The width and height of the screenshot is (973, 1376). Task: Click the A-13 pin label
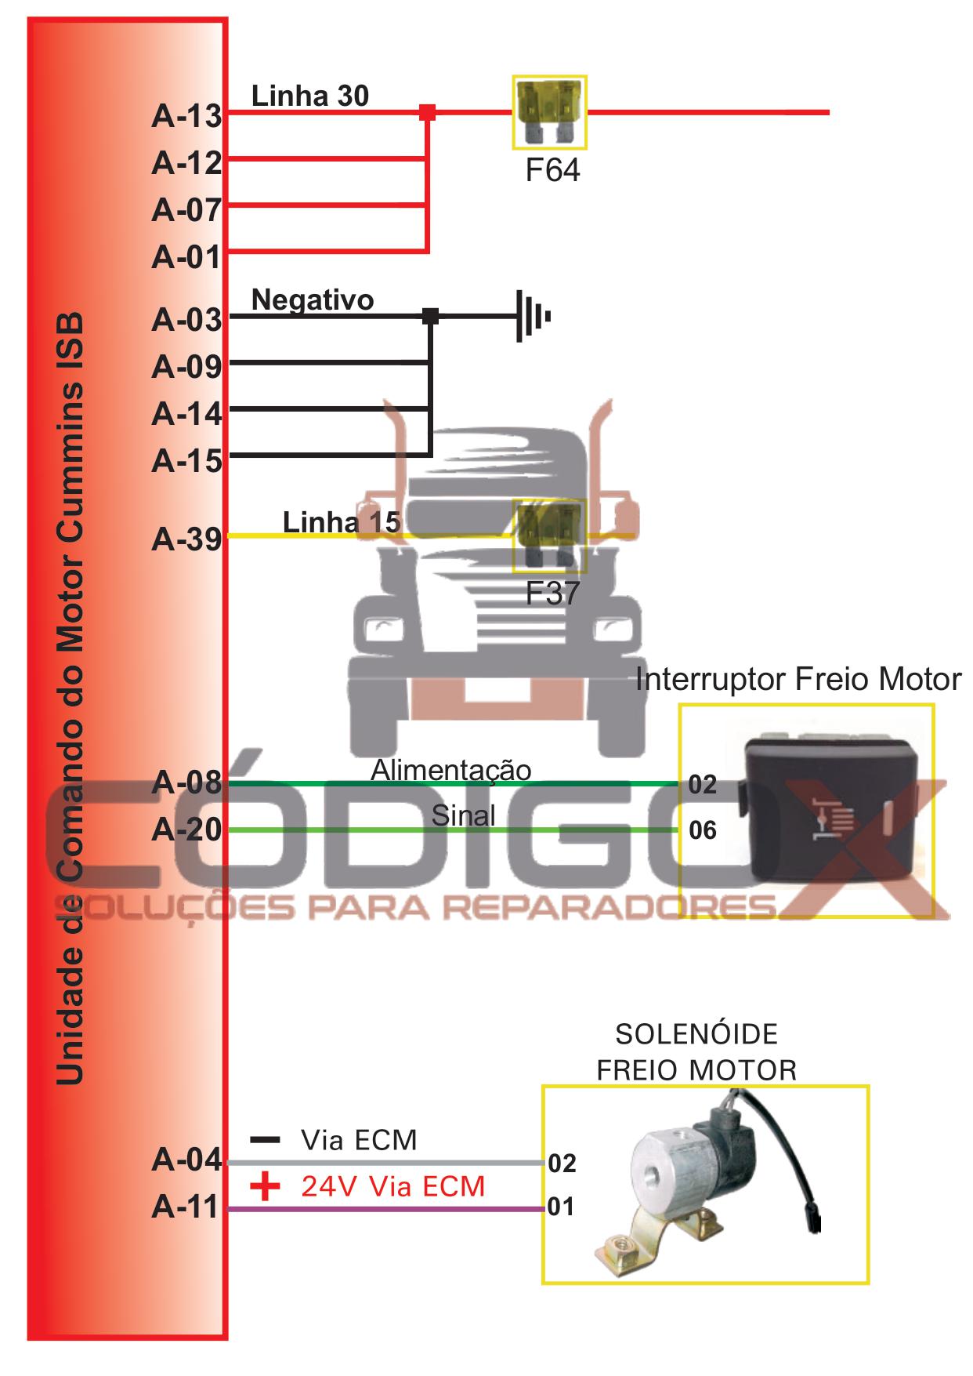point(186,116)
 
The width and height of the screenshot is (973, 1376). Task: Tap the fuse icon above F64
point(549,112)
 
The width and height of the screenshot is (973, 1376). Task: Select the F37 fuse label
point(552,594)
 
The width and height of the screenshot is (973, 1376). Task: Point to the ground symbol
point(532,317)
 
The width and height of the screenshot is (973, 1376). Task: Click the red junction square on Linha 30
point(427,112)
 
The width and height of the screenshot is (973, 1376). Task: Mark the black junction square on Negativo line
point(430,316)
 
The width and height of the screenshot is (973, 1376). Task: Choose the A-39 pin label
point(186,539)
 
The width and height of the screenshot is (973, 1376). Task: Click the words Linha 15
point(342,522)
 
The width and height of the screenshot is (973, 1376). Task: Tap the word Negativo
point(313,300)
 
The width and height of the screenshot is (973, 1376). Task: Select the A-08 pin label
point(186,782)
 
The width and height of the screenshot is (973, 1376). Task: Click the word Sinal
point(463,815)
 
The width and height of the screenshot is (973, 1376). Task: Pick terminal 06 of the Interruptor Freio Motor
point(703,830)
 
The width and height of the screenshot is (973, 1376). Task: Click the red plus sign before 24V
point(265,1185)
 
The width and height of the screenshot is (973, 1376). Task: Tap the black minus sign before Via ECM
point(265,1139)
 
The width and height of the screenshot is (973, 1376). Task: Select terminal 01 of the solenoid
point(561,1207)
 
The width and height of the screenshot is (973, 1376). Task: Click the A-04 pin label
point(186,1159)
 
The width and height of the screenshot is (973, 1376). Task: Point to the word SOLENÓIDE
point(696,1034)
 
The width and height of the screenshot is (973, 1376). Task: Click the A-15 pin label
point(186,461)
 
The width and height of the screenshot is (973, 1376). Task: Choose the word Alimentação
point(451,770)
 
